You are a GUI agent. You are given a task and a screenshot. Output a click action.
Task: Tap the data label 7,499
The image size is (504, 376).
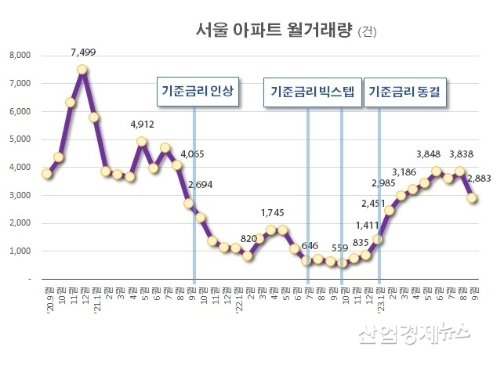(82, 52)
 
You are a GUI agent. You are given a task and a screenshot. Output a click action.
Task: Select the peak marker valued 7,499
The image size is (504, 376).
(82, 70)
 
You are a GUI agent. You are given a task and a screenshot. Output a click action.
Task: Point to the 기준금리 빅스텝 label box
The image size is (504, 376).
(312, 92)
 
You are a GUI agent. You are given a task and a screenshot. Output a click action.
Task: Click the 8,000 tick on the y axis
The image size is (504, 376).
(19, 56)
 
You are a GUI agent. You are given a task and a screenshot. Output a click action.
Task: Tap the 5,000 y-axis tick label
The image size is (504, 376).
(19, 139)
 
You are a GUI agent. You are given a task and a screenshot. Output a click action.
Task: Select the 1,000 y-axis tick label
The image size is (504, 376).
(19, 251)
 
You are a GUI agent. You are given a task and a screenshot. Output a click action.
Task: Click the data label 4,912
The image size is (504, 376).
(142, 125)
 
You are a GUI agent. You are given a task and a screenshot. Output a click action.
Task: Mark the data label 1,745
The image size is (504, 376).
(272, 213)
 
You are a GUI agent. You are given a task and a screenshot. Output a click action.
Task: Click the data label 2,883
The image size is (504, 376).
(480, 180)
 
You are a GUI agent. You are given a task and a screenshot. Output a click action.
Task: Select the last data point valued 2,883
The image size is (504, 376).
(473, 198)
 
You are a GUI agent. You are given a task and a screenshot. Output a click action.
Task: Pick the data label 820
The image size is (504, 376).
(248, 238)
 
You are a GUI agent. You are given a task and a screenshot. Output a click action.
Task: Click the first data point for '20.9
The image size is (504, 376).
(47, 173)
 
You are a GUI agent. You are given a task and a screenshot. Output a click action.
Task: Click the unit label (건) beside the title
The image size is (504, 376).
(366, 32)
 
